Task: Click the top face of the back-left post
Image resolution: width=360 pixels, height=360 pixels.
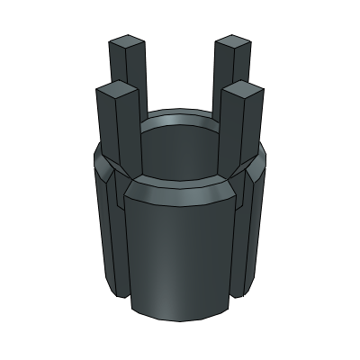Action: (127, 42)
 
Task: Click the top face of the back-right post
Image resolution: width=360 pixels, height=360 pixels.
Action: (233, 41)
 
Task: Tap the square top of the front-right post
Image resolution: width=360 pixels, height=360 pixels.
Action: (244, 89)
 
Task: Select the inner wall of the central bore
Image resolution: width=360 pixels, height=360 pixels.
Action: (180, 148)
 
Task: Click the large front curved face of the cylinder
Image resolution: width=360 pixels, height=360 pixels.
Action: (180, 252)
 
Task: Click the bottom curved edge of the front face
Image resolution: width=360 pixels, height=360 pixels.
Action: (180, 318)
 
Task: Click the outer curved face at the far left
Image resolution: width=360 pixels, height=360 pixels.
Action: (101, 225)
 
